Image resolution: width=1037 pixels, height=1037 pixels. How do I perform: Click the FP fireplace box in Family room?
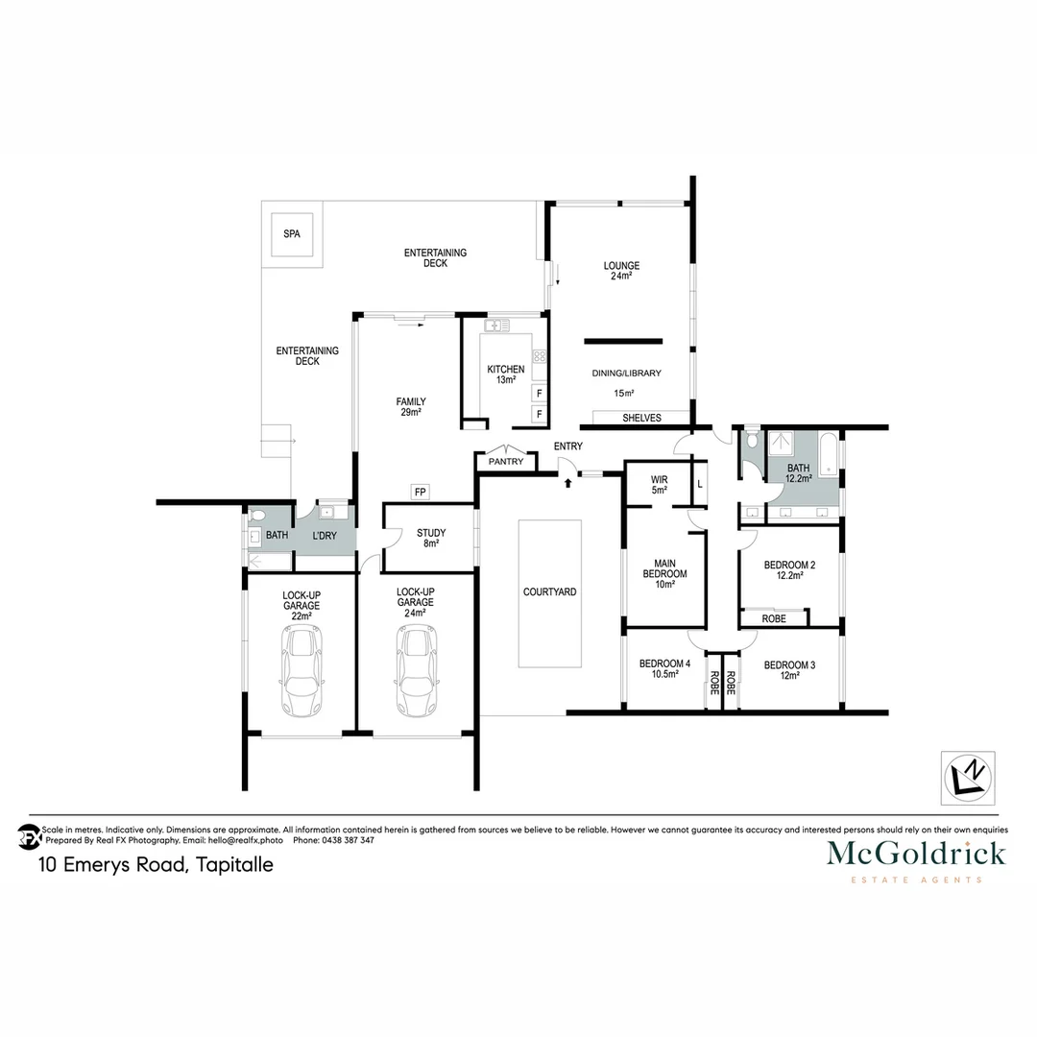click(420, 493)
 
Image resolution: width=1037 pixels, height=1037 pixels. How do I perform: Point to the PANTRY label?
click(506, 462)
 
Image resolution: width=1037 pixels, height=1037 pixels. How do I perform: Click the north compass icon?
click(967, 776)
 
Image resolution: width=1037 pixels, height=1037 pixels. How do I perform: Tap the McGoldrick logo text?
click(916, 853)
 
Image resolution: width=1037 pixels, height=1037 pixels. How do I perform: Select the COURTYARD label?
click(549, 592)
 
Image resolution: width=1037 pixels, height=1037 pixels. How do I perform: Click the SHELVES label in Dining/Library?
click(641, 418)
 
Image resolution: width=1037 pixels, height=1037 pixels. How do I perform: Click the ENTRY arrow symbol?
click(568, 479)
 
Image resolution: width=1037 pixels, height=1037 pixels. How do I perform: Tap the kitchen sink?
click(495, 326)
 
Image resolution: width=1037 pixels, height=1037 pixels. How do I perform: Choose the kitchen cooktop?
click(539, 357)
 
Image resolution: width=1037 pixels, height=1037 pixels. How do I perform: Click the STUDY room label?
click(430, 538)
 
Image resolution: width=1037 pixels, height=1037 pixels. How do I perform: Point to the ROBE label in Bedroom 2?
click(774, 619)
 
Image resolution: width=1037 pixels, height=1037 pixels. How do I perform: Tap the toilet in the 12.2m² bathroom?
click(750, 444)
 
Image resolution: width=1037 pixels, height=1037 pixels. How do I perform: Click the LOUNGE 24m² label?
click(621, 271)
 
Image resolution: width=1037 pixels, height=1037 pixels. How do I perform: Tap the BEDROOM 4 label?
click(664, 668)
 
